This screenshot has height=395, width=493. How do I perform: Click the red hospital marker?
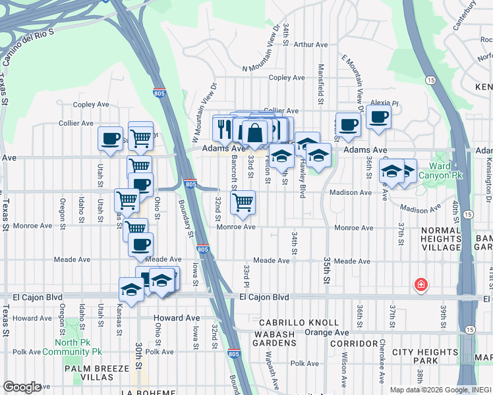pos(420,285)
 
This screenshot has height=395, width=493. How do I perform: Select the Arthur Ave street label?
pos(311,45)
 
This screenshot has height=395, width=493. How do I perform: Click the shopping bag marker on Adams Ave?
pos(255,134)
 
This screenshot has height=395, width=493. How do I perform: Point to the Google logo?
pos(22,387)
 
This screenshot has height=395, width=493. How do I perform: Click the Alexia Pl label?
pos(385,103)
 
